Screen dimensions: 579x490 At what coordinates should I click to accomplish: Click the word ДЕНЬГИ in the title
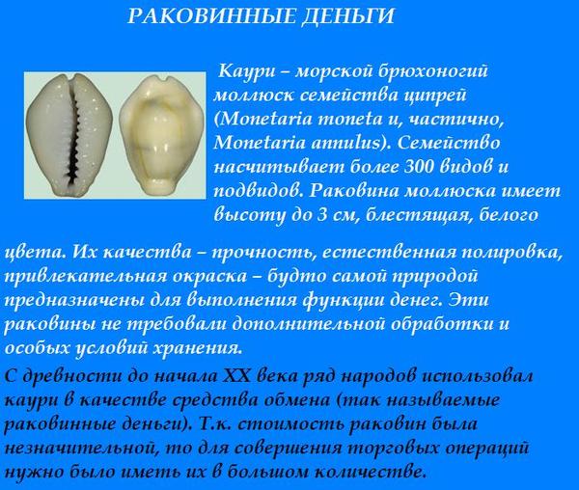point(347,16)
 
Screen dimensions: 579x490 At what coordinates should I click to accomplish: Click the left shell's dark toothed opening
point(75,137)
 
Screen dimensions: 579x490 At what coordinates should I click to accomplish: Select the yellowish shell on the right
point(162,135)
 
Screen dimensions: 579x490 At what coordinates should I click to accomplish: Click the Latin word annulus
point(347,143)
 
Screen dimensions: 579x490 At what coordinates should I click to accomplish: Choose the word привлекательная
point(86,277)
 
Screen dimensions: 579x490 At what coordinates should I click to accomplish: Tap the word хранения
point(197,348)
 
